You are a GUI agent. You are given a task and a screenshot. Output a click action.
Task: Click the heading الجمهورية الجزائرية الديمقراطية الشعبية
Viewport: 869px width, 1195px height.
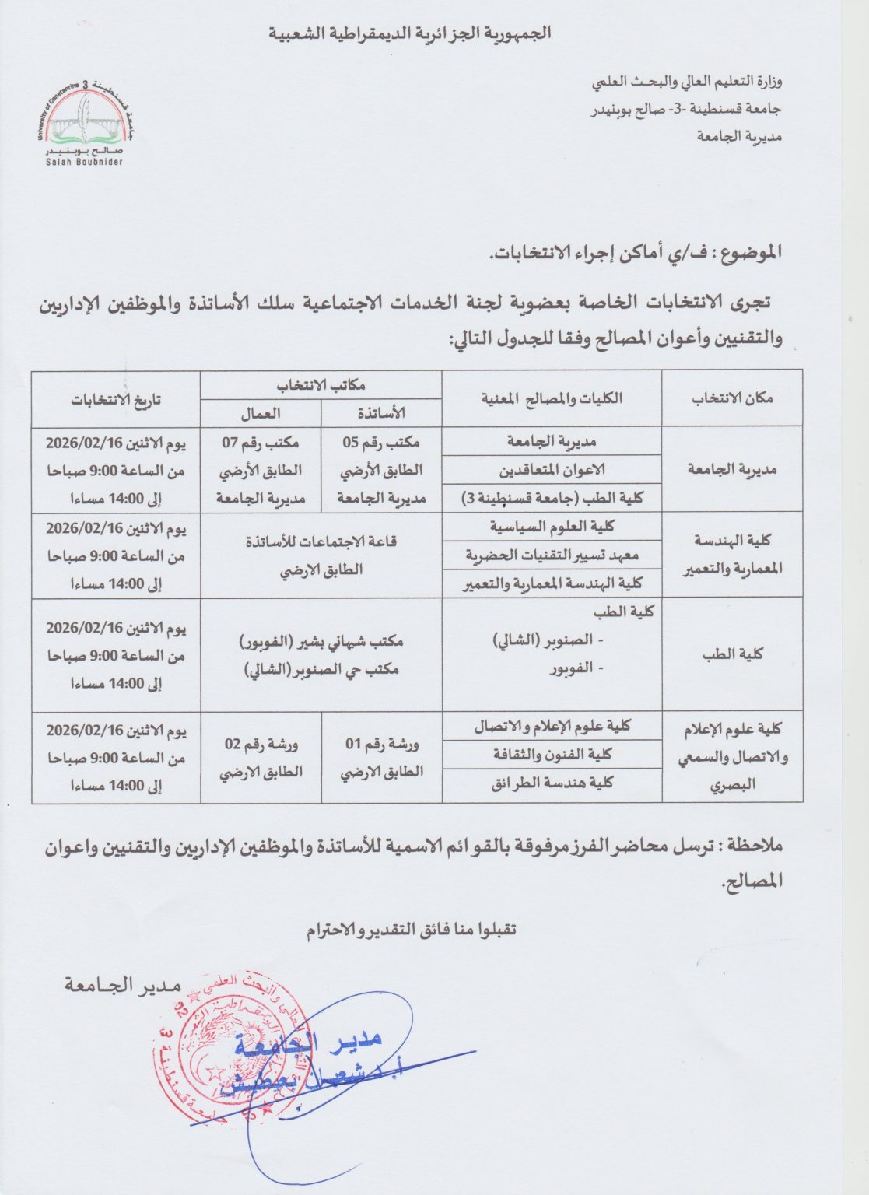[410, 33]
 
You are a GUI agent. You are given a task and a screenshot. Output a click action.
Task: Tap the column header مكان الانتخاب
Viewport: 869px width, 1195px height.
[732, 398]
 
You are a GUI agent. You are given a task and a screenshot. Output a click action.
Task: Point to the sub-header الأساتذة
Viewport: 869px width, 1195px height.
[381, 413]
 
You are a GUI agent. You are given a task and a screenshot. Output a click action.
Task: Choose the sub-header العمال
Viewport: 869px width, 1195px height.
[261, 413]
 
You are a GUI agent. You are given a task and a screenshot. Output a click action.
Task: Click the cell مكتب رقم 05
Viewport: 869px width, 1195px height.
[381, 442]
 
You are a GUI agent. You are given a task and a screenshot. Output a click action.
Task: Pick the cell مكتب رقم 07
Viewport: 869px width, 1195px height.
[261, 442]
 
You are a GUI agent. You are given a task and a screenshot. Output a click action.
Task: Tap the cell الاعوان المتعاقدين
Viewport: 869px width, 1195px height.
[552, 470]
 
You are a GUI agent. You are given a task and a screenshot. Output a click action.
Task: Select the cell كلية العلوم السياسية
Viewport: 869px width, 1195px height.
[552, 527]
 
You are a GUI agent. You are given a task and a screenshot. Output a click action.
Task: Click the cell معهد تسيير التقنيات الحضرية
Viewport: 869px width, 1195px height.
[552, 555]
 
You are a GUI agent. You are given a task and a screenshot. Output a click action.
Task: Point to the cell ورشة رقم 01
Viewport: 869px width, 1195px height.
[381, 744]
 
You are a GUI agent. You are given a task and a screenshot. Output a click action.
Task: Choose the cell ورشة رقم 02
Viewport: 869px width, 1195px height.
[261, 744]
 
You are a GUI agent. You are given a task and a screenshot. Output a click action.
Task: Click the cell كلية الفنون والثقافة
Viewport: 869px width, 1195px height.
[552, 754]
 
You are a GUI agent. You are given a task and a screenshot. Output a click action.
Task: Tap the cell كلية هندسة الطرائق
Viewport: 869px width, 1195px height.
[552, 783]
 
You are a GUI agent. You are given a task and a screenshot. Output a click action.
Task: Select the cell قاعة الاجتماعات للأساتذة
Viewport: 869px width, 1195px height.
[321, 541]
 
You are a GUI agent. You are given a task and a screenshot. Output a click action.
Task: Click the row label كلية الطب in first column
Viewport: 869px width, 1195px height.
[732, 654]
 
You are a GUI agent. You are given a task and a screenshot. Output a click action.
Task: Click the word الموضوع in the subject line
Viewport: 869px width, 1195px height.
[748, 252]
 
